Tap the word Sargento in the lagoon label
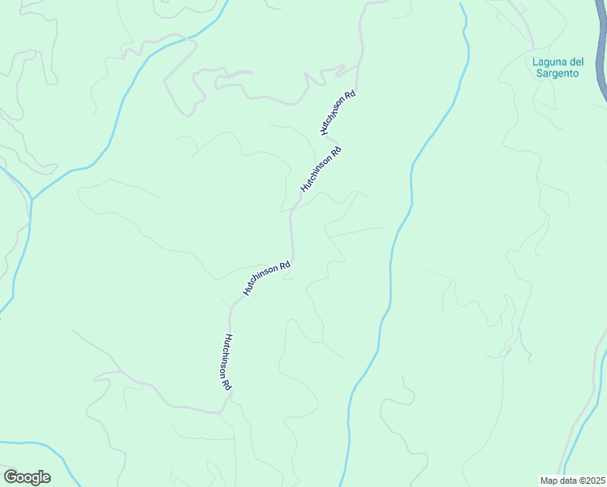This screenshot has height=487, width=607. tap(556, 73)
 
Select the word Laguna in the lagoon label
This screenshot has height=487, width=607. tap(549, 62)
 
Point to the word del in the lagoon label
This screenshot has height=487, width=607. tap(570, 62)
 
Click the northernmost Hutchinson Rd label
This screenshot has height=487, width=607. tap(338, 112)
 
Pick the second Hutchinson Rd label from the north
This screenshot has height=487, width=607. tap(321, 168)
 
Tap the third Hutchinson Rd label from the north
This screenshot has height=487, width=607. tap(266, 278)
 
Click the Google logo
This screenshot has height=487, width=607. tap(27, 477)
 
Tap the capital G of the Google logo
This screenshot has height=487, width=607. tap(11, 477)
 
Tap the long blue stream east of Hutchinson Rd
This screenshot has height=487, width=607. tap(393, 243)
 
